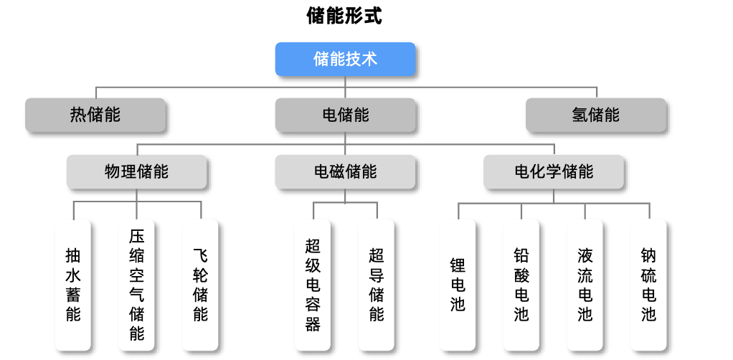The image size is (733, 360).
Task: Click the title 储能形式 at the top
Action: click(x=344, y=16)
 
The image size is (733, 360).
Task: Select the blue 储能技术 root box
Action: click(x=345, y=60)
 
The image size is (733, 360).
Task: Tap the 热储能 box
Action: click(x=95, y=115)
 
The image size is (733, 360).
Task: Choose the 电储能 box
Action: click(x=345, y=115)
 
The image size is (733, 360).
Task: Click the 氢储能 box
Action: click(x=595, y=115)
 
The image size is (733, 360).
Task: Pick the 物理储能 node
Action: click(x=136, y=172)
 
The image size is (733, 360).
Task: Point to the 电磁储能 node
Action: click(x=345, y=172)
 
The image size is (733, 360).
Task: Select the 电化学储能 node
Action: click(x=554, y=172)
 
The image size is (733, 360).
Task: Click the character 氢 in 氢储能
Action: click(x=580, y=115)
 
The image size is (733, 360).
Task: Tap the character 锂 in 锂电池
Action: click(x=458, y=265)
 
